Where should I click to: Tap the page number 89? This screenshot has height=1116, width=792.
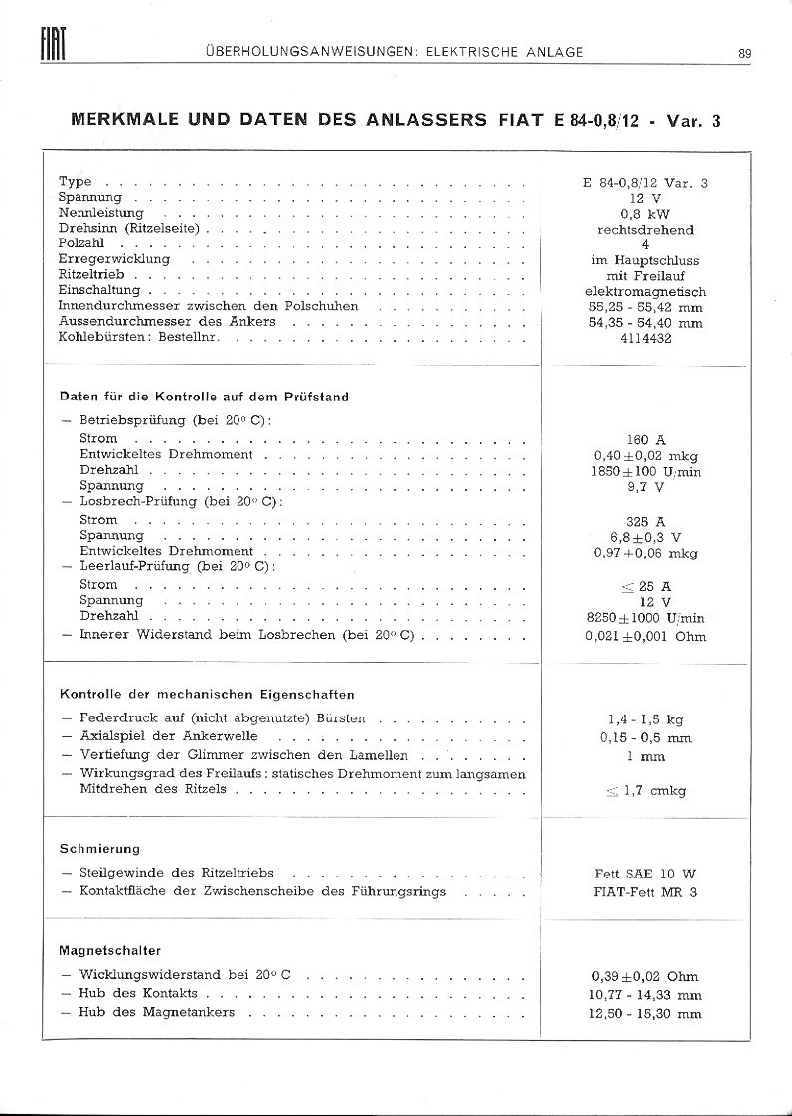pos(745,53)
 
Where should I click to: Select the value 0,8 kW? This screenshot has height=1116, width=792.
pos(645,214)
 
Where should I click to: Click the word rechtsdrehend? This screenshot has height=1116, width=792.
pos(645,230)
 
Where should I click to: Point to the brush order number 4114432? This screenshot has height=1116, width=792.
pos(645,338)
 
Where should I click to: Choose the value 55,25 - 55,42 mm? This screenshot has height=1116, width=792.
pos(645,307)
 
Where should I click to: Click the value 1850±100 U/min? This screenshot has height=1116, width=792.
pos(645,472)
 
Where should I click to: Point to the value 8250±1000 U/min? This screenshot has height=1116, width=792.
pos(645,618)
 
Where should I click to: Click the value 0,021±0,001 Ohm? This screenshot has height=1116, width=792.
pos(645,636)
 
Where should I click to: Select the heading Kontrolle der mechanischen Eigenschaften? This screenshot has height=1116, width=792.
pos(207,695)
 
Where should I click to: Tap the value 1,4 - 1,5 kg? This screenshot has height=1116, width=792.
pos(645,719)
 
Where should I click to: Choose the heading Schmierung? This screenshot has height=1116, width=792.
pos(99,849)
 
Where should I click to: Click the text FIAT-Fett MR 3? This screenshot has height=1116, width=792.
pos(645,892)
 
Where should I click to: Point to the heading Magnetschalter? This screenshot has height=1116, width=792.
pos(109,951)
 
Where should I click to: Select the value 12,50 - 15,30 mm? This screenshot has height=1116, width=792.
pos(645,1014)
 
